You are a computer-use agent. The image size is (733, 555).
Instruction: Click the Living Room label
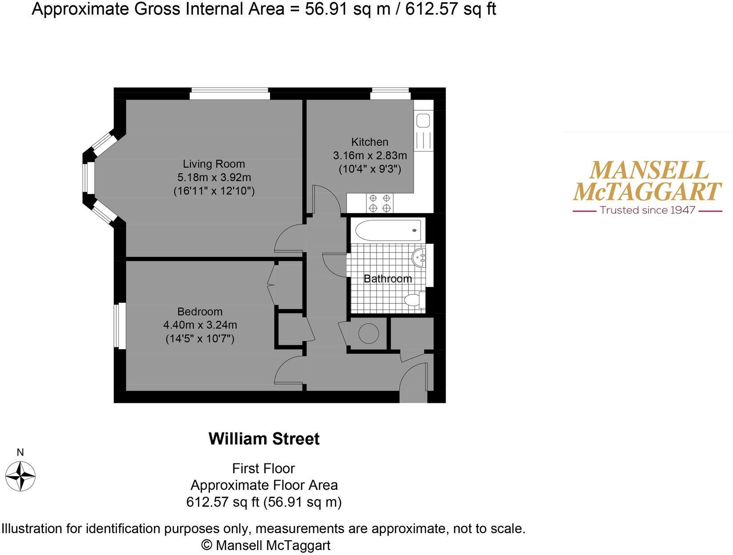(213, 164)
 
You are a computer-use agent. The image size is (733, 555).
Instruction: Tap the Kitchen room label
(370, 142)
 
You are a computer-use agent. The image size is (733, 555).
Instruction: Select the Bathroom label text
(387, 279)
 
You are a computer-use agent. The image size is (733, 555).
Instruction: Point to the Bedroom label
(200, 311)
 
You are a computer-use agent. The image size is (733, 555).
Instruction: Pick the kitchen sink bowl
(423, 121)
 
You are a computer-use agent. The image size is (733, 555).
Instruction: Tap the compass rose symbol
(20, 476)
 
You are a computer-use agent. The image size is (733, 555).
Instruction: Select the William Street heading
(264, 439)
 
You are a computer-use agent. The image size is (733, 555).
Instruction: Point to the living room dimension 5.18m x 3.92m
(214, 177)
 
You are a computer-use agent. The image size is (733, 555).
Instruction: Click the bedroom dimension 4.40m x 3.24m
(200, 325)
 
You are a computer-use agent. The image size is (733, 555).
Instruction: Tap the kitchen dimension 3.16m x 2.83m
(370, 156)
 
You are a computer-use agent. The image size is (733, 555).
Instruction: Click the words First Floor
(263, 468)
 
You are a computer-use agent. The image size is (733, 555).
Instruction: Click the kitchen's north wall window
(390, 93)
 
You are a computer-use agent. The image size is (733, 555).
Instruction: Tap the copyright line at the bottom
(266, 545)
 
